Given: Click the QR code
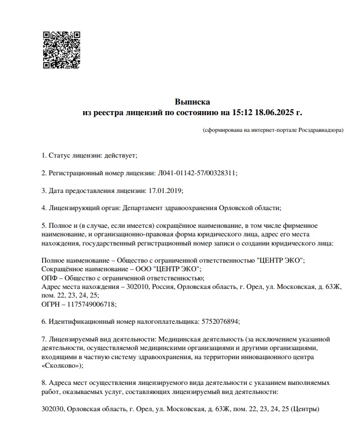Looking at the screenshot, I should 61,50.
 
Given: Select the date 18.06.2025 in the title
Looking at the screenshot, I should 274,112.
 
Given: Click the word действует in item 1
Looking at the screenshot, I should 120,155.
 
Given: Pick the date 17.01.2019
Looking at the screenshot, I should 165,190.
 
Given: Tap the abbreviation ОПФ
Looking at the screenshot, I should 50,278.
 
